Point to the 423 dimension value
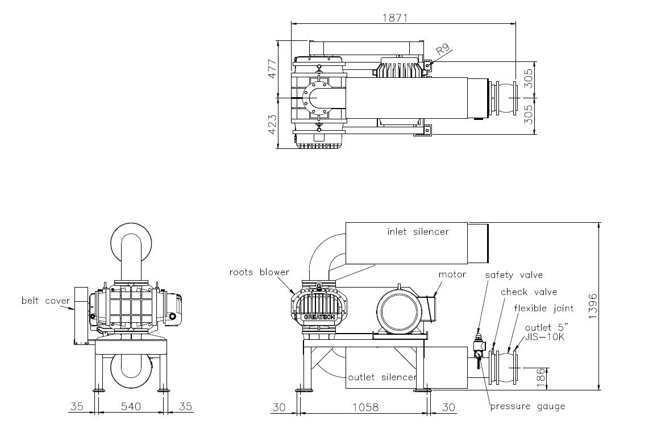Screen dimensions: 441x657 272,123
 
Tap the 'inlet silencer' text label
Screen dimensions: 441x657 418,232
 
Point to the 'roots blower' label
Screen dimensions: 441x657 259,272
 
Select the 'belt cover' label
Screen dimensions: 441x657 46,300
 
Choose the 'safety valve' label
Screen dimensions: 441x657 514,275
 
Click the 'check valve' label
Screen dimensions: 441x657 528,292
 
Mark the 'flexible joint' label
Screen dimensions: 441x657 543,309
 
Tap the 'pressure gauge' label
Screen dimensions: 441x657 527,406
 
